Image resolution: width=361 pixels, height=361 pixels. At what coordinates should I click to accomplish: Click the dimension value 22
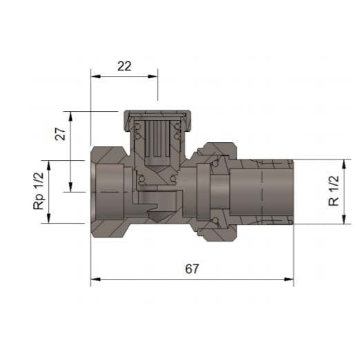(124, 66)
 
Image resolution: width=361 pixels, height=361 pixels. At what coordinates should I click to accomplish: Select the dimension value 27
(60, 134)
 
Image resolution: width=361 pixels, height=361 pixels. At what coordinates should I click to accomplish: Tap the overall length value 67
(192, 269)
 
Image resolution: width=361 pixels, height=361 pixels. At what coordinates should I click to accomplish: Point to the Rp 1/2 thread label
(39, 191)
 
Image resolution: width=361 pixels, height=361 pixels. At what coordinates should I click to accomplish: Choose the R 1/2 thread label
(333, 191)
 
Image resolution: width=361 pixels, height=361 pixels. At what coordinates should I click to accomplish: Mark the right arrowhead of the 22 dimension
(153, 77)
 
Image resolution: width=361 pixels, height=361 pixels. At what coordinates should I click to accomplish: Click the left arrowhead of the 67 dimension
(96, 280)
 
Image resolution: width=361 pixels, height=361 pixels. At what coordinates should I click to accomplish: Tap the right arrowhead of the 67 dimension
(289, 280)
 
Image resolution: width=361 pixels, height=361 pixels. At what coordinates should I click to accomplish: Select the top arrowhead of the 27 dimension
(70, 117)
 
